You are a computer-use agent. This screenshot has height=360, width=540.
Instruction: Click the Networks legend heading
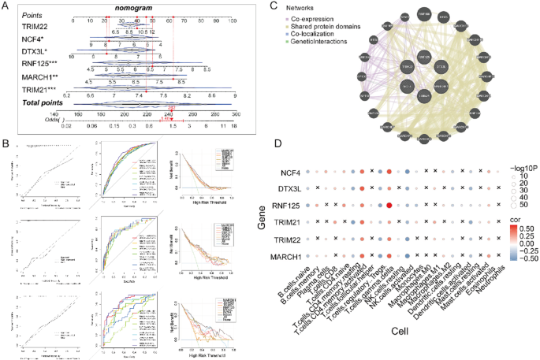click(x=310, y=7)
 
